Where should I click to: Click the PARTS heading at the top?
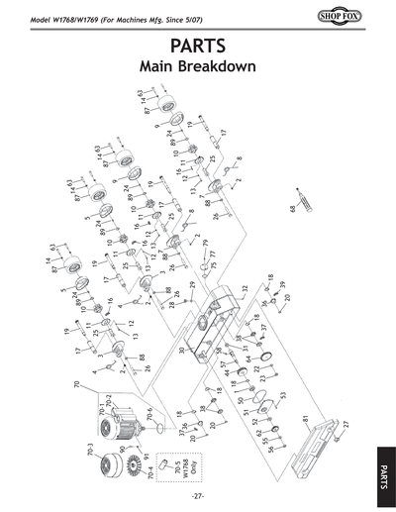[x=198, y=47]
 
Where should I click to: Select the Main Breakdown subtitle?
[x=198, y=68]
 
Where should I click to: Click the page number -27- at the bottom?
[x=198, y=494]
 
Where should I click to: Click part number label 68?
[x=293, y=209]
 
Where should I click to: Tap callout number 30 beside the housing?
[x=182, y=350]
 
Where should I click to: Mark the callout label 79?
[x=206, y=243]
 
